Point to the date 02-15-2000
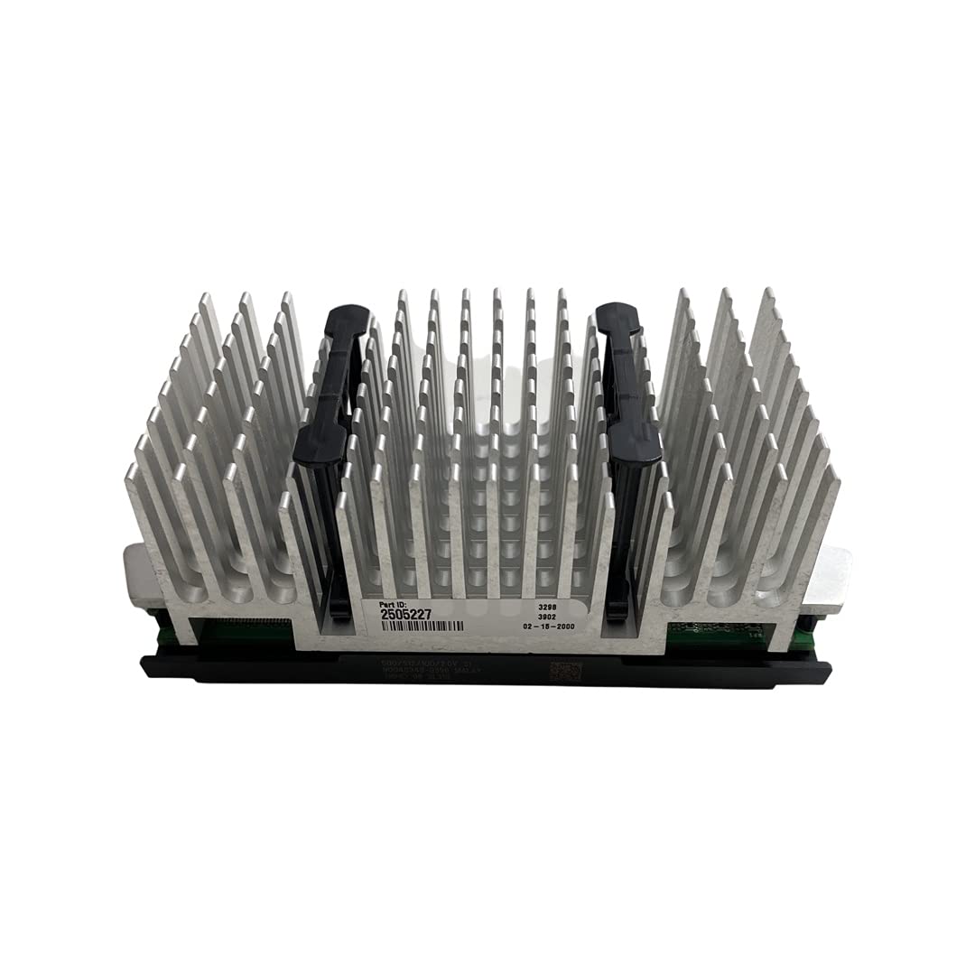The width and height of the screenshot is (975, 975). point(547,625)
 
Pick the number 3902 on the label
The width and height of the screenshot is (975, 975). point(547,611)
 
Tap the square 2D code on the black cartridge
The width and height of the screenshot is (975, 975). point(562,672)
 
